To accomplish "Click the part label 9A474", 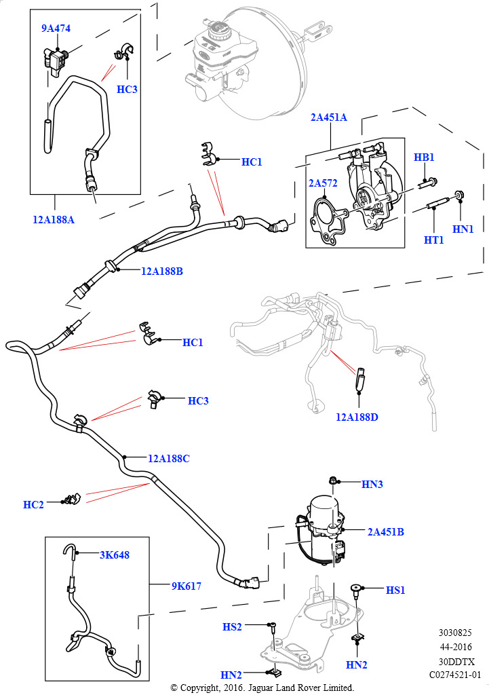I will tap(56, 29).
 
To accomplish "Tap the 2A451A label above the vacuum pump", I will tap(329, 117).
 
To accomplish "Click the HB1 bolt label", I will tap(424, 157).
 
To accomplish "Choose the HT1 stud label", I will tap(433, 240).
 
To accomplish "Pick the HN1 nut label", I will tap(463, 229).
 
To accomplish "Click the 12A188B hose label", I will tap(162, 271).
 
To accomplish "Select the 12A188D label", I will tap(357, 417).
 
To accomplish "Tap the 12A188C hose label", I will tap(169, 458).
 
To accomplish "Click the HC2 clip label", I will tap(33, 504).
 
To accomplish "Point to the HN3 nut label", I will tap(372, 484).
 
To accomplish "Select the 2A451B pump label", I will tap(386, 531).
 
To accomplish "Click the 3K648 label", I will tap(115, 555).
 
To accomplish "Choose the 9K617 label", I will tap(186, 585).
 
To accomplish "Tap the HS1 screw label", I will tap(395, 590).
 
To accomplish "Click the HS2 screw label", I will tap(232, 626).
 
